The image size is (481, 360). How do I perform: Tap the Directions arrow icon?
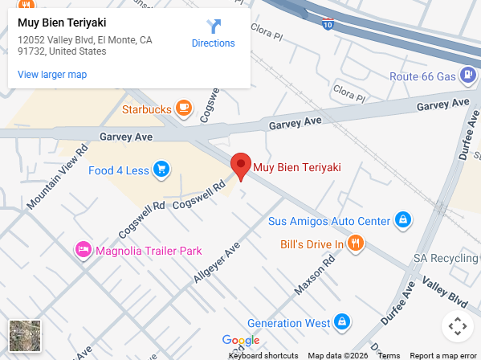click(214, 27)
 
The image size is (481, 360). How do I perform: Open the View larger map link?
click(52, 75)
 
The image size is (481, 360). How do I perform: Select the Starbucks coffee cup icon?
click(185, 108)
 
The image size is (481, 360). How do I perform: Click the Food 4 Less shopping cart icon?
click(162, 170)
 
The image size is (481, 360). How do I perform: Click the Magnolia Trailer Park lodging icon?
click(83, 250)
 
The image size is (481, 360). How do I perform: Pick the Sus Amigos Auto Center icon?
click(403, 220)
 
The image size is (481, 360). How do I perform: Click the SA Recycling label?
click(446, 258)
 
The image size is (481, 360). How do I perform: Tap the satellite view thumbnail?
click(24, 335)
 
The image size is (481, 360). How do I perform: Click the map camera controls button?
click(457, 326)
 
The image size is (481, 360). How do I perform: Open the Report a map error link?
click(443, 355)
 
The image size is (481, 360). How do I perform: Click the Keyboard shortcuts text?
click(263, 355)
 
